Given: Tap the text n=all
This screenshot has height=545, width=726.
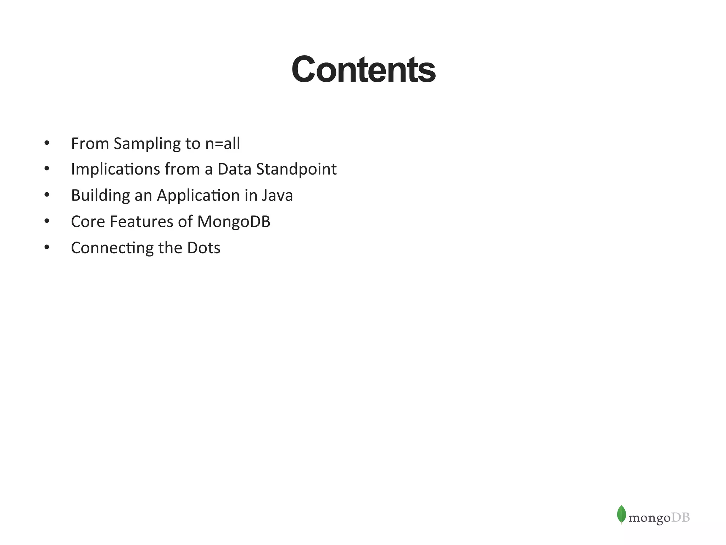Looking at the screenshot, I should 223,144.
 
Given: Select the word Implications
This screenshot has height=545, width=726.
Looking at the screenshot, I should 116,169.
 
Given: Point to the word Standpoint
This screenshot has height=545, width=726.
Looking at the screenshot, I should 296,169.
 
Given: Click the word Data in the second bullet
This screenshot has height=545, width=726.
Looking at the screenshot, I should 234,169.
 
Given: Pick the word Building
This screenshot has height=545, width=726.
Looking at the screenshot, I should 100,196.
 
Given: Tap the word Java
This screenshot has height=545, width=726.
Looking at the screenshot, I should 278,196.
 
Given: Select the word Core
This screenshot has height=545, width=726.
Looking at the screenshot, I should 88,222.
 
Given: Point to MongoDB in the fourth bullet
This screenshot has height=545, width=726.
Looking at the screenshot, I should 234,222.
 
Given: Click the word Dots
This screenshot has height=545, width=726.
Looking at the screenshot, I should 203,248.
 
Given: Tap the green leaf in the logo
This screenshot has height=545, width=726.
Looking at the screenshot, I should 621,514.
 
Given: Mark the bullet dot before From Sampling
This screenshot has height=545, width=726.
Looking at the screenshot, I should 47,143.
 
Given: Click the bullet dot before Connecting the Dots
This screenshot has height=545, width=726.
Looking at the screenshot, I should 47,247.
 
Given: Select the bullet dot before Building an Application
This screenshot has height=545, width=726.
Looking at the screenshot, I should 47,195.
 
